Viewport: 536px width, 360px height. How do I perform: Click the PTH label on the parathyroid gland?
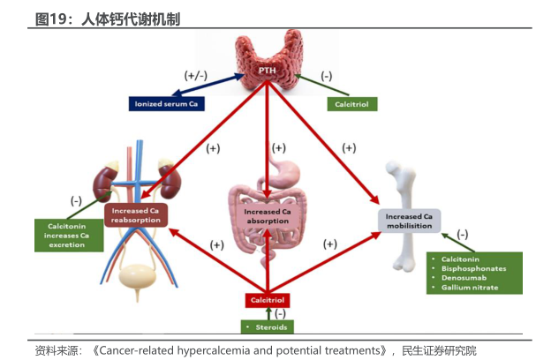point(268,70)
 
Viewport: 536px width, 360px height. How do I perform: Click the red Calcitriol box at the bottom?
point(268,301)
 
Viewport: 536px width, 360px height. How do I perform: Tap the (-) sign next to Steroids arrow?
point(280,313)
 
